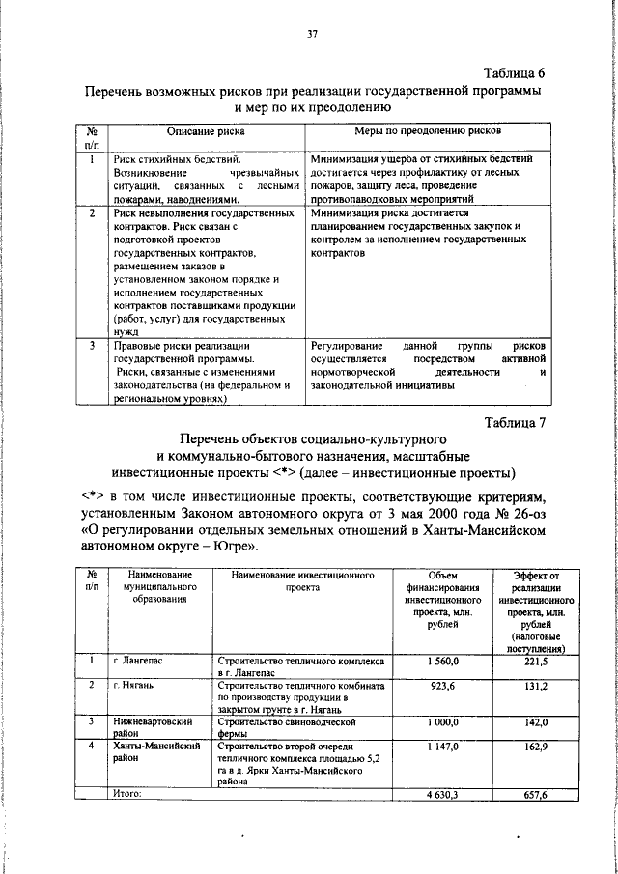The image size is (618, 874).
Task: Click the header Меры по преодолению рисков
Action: click(431, 130)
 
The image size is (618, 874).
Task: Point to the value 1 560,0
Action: click(439, 663)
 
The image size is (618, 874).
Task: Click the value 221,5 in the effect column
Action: click(536, 663)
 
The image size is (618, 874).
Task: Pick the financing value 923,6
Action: click(439, 685)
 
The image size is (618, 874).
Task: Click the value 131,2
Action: click(536, 685)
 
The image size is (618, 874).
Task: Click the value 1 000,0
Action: click(439, 721)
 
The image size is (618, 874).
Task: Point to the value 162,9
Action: click(536, 747)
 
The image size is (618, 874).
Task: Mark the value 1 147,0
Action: click(439, 747)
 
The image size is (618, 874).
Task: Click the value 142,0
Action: click(536, 721)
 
